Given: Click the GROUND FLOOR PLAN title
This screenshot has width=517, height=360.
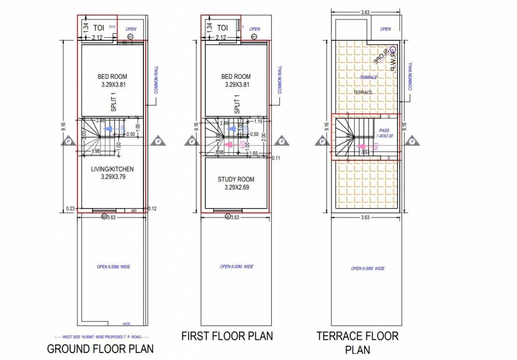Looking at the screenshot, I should pyautogui.click(x=100, y=349).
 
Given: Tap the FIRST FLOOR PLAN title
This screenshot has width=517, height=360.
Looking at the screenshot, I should pyautogui.click(x=227, y=336).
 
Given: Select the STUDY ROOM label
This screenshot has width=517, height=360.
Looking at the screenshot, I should pyautogui.click(x=236, y=180).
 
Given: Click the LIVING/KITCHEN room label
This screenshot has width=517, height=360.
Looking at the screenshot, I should pyautogui.click(x=112, y=169).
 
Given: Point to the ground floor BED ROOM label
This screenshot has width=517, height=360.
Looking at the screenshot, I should pyautogui.click(x=112, y=76).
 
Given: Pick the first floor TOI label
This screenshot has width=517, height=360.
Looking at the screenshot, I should pyautogui.click(x=223, y=28).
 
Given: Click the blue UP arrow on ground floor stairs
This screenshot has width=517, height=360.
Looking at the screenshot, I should pyautogui.click(x=108, y=128).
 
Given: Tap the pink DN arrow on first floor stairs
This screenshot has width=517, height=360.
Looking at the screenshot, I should pyautogui.click(x=230, y=145).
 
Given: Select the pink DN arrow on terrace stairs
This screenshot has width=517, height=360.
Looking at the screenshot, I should pyautogui.click(x=362, y=146).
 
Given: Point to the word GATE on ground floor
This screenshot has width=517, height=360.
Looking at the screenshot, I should pyautogui.click(x=126, y=323).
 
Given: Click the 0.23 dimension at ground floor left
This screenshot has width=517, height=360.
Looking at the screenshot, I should pyautogui.click(x=71, y=209).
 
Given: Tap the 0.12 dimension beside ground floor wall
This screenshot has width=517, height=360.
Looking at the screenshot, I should pyautogui.click(x=152, y=209).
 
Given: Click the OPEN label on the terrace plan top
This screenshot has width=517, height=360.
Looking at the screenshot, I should pyautogui.click(x=385, y=29).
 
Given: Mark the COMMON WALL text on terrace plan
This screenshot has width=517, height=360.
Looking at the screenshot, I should pyautogui.click(x=410, y=76).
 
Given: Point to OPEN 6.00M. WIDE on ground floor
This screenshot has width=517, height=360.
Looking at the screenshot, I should pyautogui.click(x=113, y=267).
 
